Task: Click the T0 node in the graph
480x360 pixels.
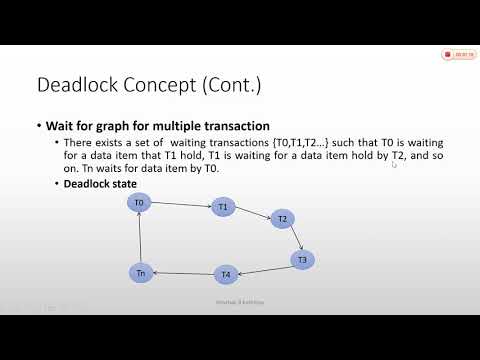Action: (x=140, y=203)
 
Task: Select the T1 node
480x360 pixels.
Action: (x=223, y=207)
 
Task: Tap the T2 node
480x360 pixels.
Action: (x=283, y=219)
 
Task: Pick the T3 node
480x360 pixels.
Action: (x=303, y=259)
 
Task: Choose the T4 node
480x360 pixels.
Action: (x=226, y=274)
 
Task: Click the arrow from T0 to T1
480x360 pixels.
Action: (x=181, y=205)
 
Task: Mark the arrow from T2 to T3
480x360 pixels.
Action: (x=293, y=239)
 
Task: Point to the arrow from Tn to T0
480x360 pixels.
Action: (x=140, y=238)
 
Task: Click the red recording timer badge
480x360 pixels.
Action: (x=460, y=56)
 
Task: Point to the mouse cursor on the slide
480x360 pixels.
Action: (x=394, y=165)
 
